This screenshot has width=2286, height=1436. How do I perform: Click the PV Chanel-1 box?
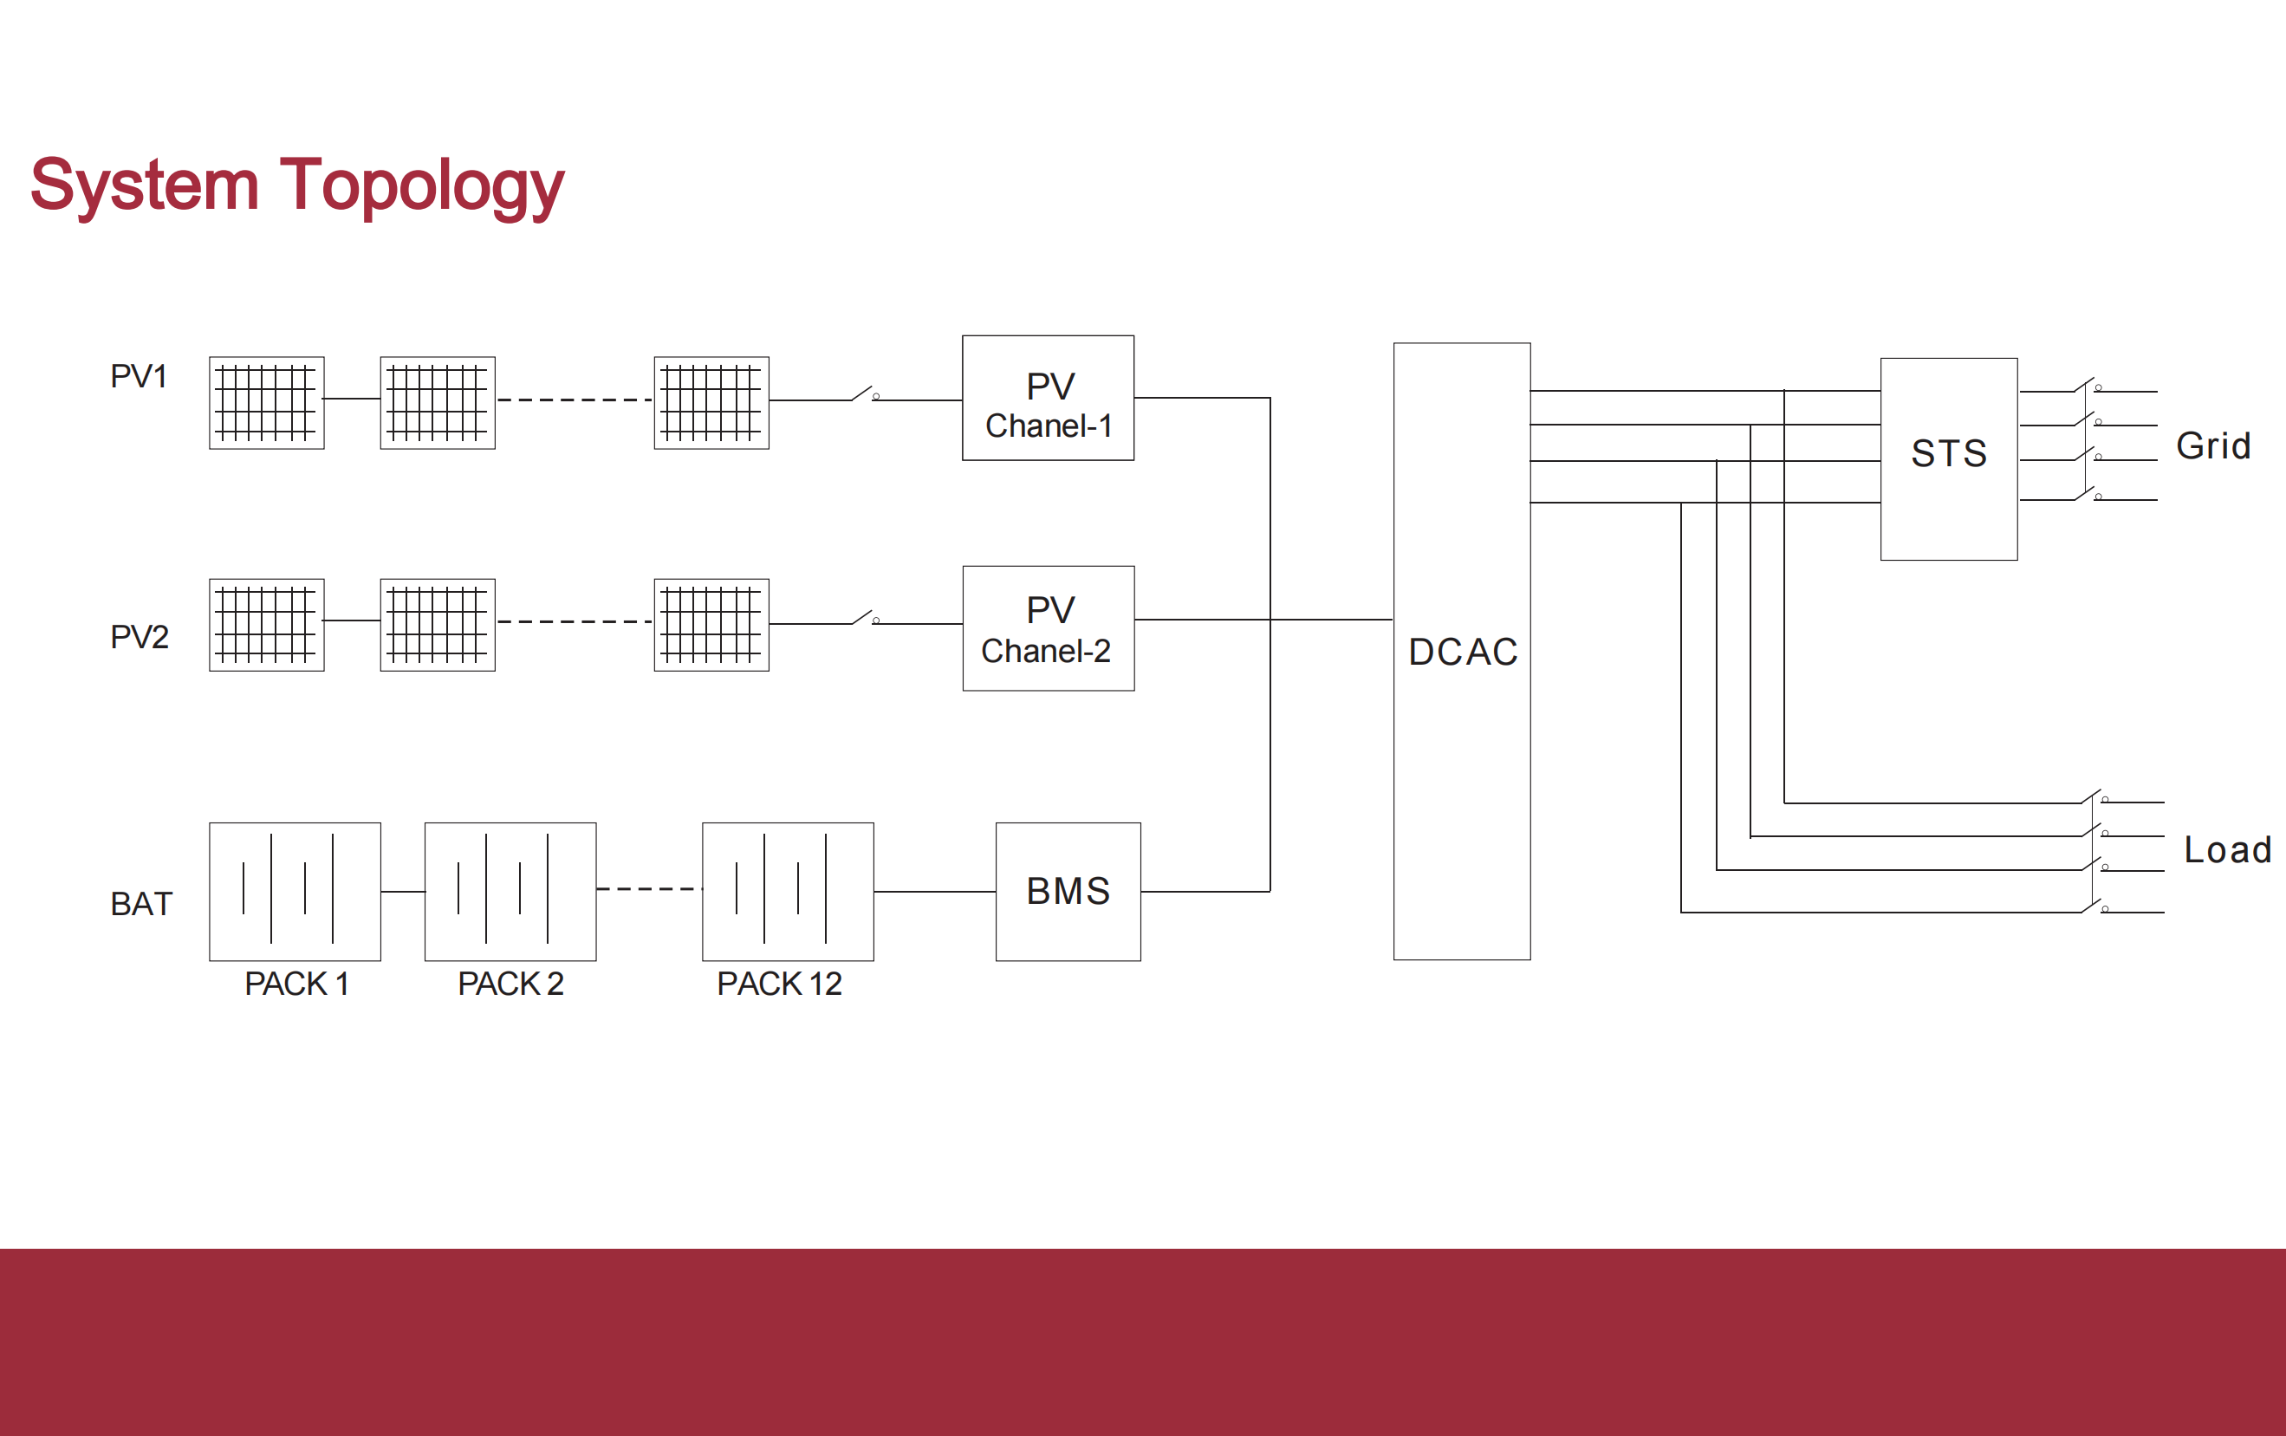[1047, 399]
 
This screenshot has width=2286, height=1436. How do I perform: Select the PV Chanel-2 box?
[1048, 628]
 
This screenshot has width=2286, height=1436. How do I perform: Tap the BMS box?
[1068, 891]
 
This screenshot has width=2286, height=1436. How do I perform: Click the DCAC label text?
[1463, 652]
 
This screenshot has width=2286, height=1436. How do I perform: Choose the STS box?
[1948, 458]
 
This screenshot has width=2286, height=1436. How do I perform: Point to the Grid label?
[2213, 446]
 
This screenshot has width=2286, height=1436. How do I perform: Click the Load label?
[2227, 849]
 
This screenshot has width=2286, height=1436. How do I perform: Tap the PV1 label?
[139, 377]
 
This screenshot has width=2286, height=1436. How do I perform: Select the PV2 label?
[139, 637]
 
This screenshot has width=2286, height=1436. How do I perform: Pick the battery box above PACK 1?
[295, 891]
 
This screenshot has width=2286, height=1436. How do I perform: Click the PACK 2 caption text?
[510, 984]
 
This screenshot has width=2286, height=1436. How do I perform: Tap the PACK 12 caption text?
[779, 984]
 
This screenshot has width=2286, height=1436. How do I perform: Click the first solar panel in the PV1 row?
[267, 402]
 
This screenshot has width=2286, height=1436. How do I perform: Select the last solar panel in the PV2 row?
[711, 625]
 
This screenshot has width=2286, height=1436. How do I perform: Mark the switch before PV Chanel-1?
[864, 393]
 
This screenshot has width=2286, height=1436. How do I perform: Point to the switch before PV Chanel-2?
[864, 618]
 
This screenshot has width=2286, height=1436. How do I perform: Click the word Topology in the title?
[421, 185]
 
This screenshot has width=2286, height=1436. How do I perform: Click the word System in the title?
[145, 185]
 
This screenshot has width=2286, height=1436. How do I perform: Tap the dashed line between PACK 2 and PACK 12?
[648, 889]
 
